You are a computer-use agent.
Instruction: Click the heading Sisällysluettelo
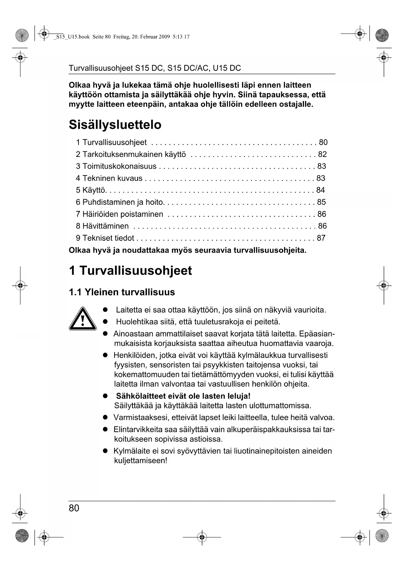coord(115,125)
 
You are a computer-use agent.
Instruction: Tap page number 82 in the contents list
coord(322,154)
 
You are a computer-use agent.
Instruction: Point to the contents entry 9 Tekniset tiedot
coord(105,238)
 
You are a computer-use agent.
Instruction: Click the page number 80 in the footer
coord(74,508)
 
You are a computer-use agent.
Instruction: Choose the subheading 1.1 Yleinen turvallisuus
coord(122,292)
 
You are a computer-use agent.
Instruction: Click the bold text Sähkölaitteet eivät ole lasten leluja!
coord(183,396)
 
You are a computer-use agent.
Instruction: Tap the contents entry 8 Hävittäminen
coord(102,226)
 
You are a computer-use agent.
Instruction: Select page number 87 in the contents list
coord(321,238)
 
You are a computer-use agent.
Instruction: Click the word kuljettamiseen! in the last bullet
coord(140,461)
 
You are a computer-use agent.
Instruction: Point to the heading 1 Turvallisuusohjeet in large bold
coord(130,271)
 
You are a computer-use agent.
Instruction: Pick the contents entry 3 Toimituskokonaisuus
coord(116,166)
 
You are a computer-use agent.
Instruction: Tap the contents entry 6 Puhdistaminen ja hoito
coord(119,202)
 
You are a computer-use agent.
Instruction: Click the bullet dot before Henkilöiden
coord(105,355)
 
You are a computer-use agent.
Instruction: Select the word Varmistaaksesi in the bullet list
coord(136,417)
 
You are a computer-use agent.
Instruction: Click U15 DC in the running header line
coord(227,68)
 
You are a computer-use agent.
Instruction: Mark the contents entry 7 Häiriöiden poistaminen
coord(119,214)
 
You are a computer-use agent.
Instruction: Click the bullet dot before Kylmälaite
coord(105,451)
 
